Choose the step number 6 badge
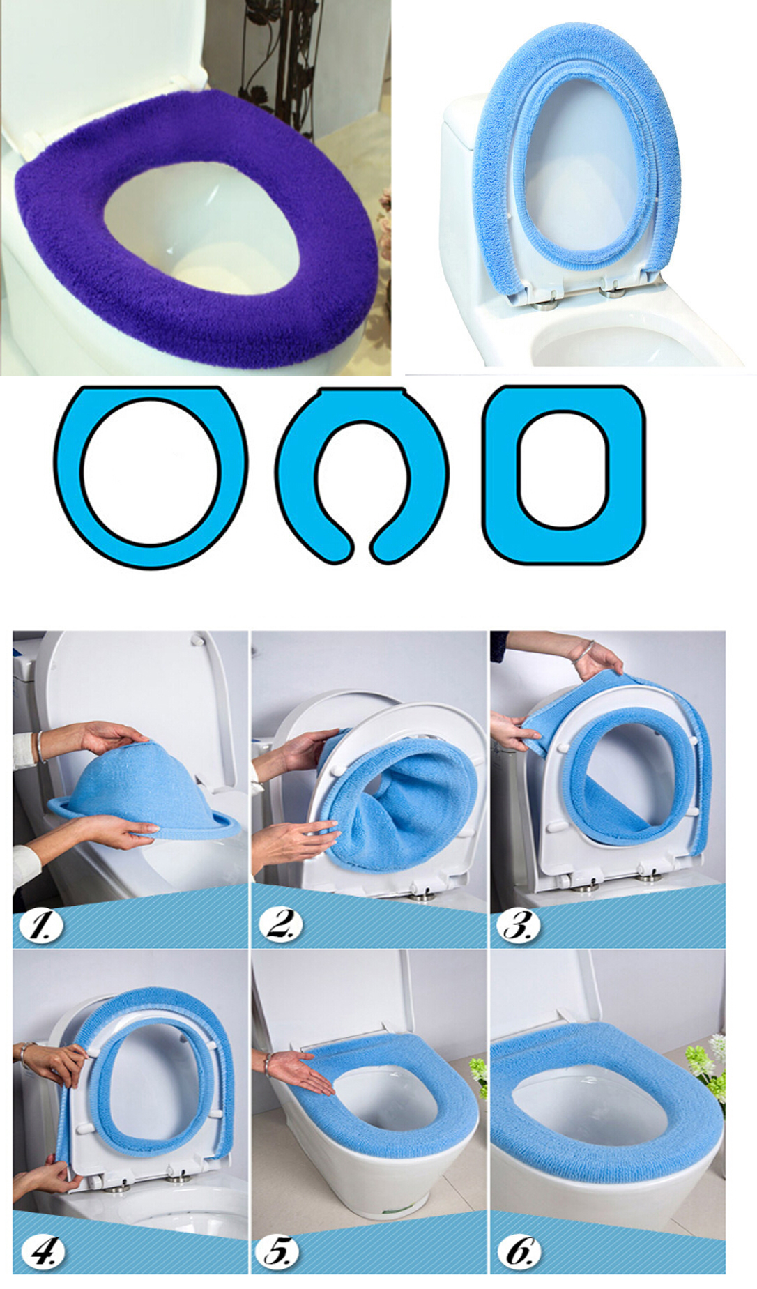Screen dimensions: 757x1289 [519, 1251]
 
